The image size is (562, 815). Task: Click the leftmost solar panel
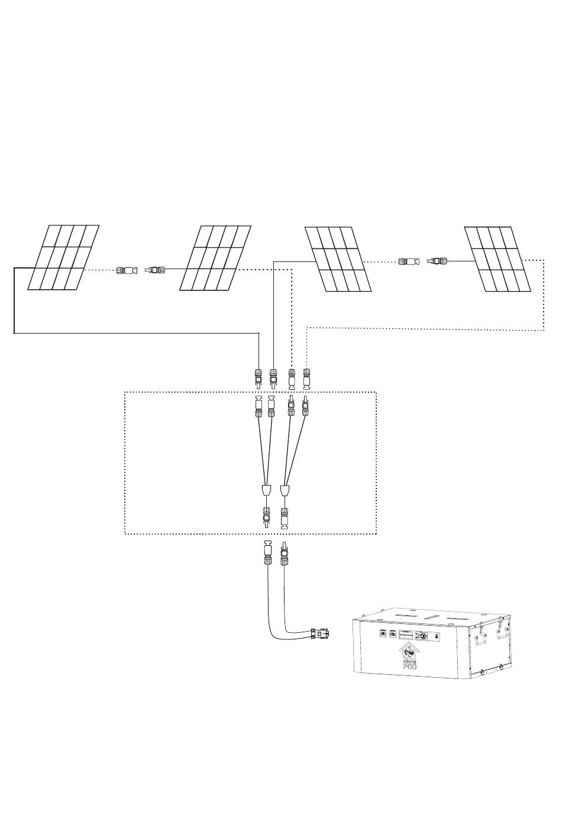coord(64,258)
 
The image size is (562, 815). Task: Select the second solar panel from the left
coord(215,258)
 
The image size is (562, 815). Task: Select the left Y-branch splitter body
coord(266,491)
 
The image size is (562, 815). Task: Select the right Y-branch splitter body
coord(285,491)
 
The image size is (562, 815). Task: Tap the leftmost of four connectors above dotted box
coord(258,377)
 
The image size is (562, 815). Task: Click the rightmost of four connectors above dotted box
coord(306,377)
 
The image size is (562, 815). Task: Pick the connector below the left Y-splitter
coord(266,517)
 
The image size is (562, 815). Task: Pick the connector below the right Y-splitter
coord(285,517)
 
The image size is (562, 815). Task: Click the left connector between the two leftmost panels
coord(127,270)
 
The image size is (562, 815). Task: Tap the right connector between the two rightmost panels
coord(438,260)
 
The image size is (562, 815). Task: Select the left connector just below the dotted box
coord(266,554)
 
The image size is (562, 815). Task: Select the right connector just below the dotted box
coord(285,554)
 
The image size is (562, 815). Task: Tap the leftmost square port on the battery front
coord(383,635)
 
